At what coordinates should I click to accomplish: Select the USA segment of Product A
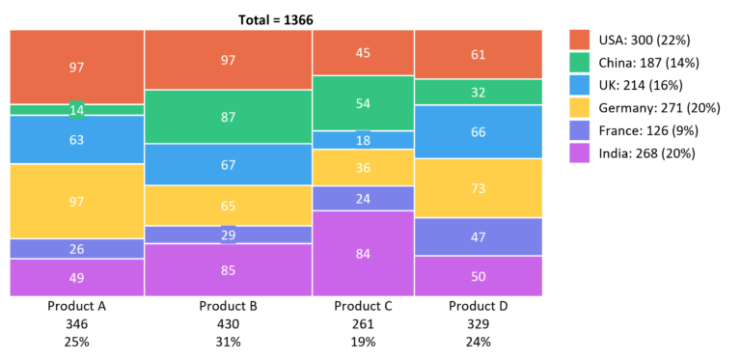click(77, 67)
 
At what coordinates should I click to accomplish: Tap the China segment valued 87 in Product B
click(229, 117)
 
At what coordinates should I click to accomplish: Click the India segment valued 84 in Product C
click(364, 253)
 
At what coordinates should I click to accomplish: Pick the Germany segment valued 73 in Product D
click(479, 187)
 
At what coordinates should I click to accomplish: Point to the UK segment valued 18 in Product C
click(364, 140)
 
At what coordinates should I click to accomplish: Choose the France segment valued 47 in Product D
click(479, 236)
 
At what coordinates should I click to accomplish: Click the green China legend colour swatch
click(579, 63)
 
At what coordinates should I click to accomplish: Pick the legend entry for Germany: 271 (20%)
click(656, 107)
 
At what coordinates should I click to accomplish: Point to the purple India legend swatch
click(579, 152)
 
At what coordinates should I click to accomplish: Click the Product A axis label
click(77, 306)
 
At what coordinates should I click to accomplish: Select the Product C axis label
click(364, 306)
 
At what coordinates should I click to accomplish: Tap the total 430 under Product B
click(229, 323)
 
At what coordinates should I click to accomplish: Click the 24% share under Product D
click(479, 341)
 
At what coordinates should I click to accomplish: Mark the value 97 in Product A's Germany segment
click(77, 200)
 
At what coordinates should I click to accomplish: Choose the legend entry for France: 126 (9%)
click(649, 130)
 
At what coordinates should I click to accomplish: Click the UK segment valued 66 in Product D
click(479, 132)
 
